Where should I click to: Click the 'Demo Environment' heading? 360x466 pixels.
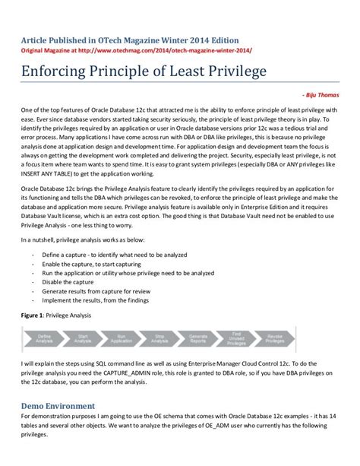(58, 405)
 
